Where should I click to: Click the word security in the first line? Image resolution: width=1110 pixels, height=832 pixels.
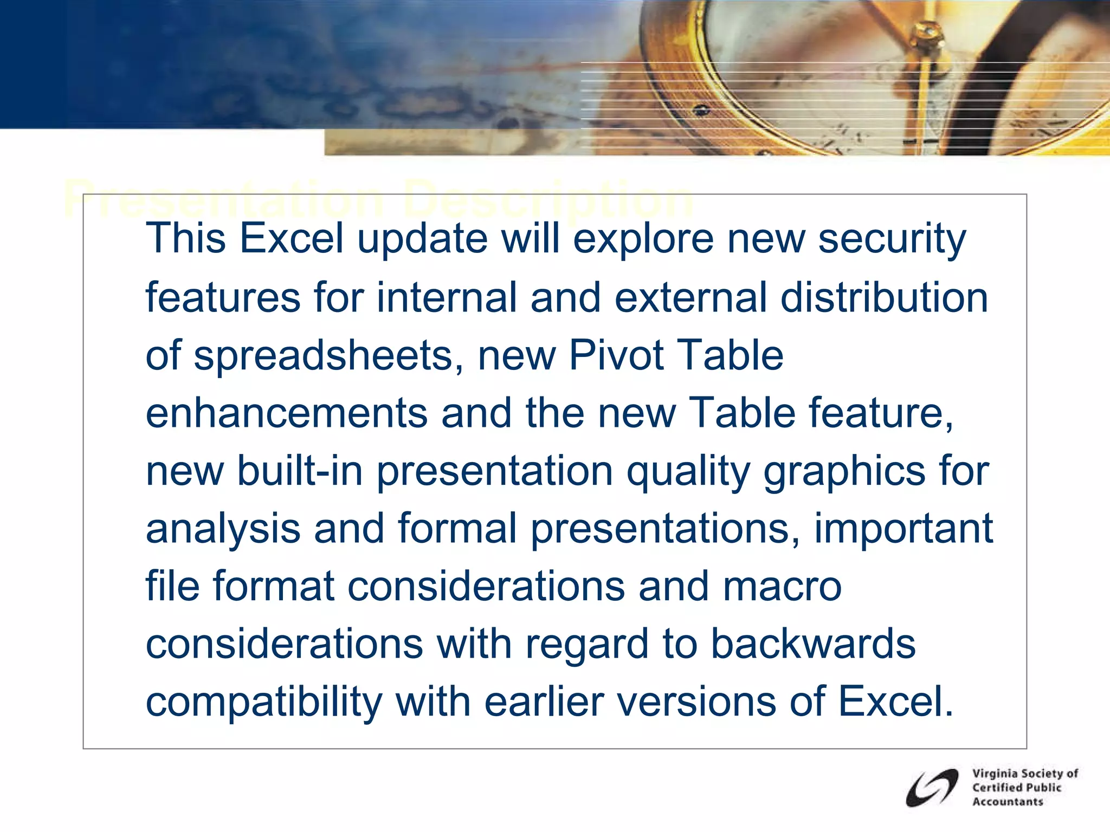892,239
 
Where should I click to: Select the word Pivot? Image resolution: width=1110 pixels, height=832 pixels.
616,355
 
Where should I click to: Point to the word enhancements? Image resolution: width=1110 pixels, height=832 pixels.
287,413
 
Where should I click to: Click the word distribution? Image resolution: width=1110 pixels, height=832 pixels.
883,297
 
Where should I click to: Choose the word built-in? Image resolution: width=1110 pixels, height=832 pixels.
300,470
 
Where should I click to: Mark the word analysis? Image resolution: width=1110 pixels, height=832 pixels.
223,529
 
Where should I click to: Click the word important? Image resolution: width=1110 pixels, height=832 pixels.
904,529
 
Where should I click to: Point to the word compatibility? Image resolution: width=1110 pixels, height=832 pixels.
264,702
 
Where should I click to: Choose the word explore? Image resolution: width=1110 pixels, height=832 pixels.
643,239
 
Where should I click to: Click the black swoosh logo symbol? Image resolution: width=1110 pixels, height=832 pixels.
932,788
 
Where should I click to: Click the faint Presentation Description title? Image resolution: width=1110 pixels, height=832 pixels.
378,199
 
